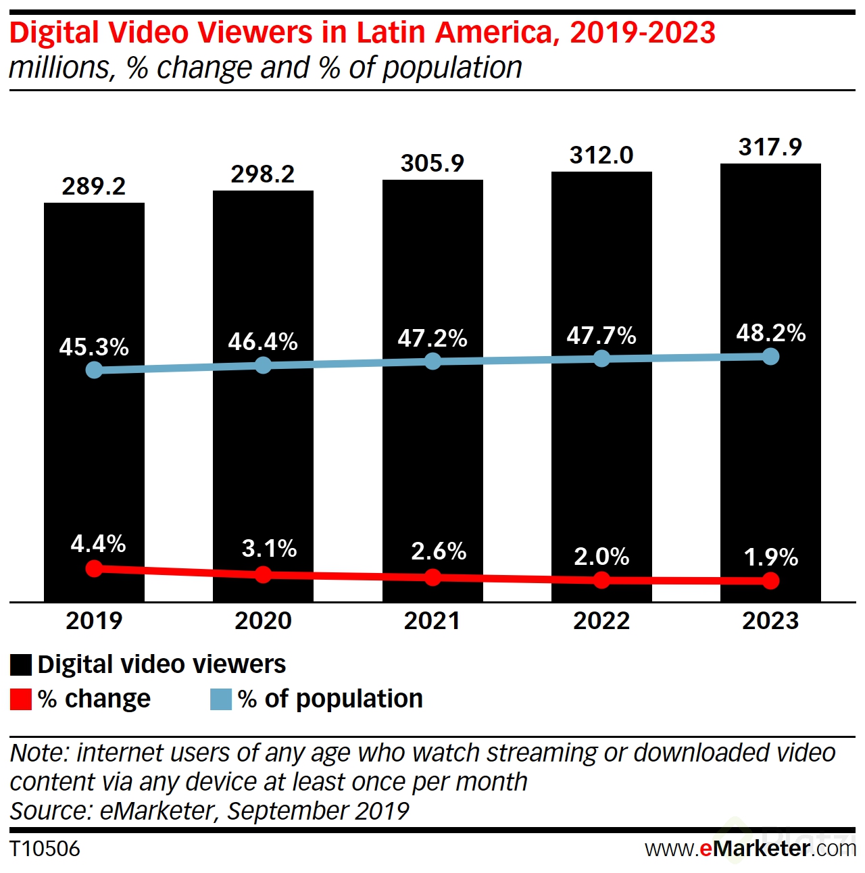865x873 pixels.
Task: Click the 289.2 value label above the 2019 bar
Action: click(x=94, y=186)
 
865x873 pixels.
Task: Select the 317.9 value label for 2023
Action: click(x=770, y=147)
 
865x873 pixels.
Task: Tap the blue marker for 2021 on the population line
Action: click(x=432, y=361)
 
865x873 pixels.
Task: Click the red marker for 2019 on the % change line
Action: click(x=94, y=568)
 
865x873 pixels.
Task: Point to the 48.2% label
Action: click(x=770, y=332)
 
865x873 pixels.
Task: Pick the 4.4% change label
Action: click(x=98, y=543)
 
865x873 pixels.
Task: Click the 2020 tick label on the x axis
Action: click(x=263, y=620)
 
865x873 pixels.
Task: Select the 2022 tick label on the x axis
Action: click(x=601, y=620)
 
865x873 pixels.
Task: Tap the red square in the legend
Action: click(x=21, y=699)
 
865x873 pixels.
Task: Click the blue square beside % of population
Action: click(x=221, y=699)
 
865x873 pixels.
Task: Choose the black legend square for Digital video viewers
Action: click(x=21, y=665)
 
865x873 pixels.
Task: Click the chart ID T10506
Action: click(x=45, y=849)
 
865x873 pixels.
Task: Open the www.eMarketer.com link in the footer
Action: click(x=750, y=849)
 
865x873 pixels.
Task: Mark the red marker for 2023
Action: click(x=770, y=580)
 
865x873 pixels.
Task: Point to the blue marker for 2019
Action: click(x=94, y=370)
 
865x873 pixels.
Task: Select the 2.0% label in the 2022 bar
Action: click(x=601, y=556)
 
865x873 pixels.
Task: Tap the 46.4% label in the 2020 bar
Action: click(x=263, y=341)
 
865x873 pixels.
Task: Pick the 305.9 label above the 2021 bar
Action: click(x=432, y=163)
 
